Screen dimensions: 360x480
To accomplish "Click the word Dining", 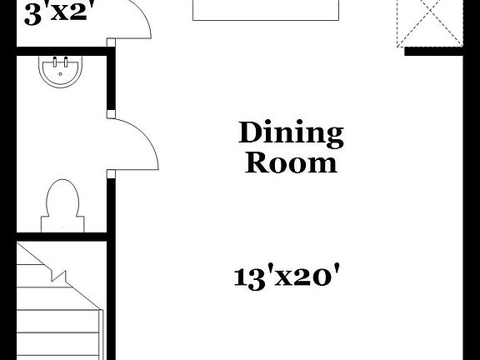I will pos(291,132).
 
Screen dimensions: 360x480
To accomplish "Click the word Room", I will pos(291,162).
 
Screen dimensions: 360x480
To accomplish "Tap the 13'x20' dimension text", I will pos(289,276).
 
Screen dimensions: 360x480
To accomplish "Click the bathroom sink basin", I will pos(59,72).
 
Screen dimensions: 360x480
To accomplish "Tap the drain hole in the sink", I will pos(59,75).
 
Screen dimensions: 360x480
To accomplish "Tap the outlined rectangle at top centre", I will pos(267,9).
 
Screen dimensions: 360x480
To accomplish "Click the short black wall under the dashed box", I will pos(433,51).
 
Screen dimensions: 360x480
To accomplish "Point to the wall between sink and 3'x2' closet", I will pos(62,52).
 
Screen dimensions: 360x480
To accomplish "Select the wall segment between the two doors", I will pos(109,83).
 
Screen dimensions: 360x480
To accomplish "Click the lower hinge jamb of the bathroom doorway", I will pos(109,173).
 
